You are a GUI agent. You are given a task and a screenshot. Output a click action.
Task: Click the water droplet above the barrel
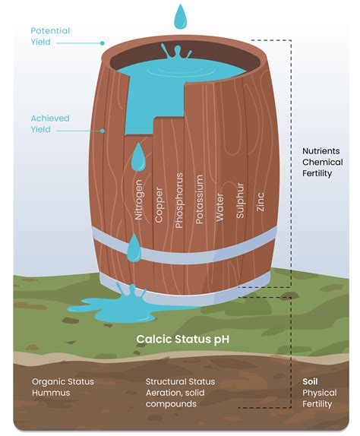coord(180,17)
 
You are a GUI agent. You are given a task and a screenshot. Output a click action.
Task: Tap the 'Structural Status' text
coord(180,381)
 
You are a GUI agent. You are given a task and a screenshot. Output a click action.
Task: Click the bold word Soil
coord(311,381)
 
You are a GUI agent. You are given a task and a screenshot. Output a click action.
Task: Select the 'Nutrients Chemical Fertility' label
coord(322,162)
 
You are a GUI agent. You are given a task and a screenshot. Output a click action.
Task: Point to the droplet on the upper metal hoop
coord(134,248)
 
